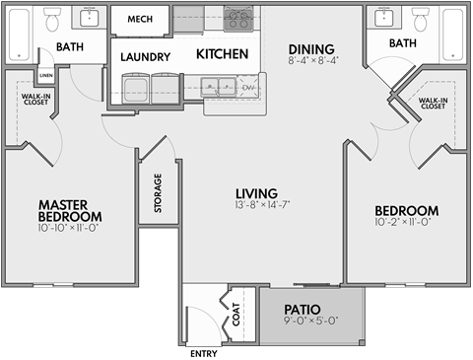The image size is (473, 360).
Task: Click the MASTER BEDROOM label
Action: [x=69, y=210]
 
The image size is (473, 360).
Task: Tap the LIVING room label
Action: [x=255, y=193]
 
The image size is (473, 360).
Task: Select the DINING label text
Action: [x=310, y=49]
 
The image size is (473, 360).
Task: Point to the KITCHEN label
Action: [x=223, y=54]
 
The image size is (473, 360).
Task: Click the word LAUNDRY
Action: [x=146, y=57]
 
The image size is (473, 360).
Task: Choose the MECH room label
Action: [x=140, y=19]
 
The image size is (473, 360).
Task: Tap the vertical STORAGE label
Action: [x=158, y=193]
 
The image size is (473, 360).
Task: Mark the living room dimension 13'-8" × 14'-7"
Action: [x=255, y=205]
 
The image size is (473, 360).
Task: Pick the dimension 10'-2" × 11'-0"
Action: [x=406, y=224]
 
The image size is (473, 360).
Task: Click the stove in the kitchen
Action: [x=236, y=18]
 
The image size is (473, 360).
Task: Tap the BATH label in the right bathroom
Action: [x=402, y=43]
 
